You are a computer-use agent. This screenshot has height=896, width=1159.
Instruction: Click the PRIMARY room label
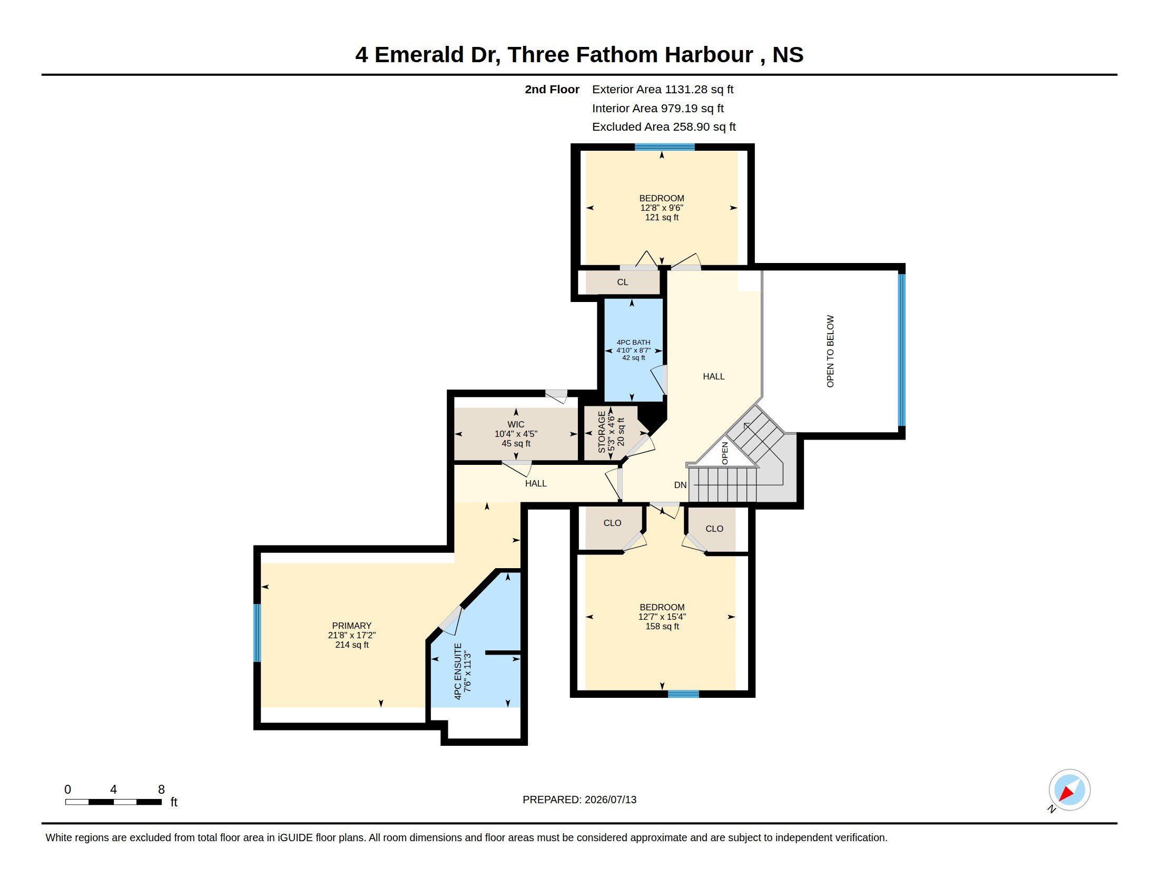(351, 625)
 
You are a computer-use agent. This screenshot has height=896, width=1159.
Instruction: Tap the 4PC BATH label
(633, 343)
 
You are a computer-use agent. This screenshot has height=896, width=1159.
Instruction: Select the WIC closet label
(516, 424)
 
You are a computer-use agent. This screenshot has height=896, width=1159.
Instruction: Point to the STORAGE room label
(602, 432)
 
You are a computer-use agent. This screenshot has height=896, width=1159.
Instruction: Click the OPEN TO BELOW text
(830, 352)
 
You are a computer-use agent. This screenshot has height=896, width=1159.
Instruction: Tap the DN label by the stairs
(680, 484)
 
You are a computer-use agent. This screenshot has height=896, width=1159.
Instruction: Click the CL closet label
(623, 282)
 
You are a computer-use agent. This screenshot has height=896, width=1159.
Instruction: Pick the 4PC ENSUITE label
(458, 671)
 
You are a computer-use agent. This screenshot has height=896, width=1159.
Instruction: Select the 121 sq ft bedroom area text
(662, 217)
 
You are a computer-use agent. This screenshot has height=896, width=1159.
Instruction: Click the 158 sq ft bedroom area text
(662, 626)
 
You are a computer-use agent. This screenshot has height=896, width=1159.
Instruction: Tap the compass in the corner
(1069, 790)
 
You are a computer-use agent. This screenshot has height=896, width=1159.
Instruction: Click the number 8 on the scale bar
(161, 790)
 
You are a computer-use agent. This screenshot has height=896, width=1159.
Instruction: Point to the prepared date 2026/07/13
(610, 800)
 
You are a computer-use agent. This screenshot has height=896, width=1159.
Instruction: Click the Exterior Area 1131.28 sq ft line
(663, 89)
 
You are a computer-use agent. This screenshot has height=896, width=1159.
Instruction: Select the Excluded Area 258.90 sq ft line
(664, 127)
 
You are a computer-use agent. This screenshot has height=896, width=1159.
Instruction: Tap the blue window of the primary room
(258, 632)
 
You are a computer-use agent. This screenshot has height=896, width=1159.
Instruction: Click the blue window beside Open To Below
(901, 350)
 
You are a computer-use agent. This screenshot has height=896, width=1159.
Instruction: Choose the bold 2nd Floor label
(552, 89)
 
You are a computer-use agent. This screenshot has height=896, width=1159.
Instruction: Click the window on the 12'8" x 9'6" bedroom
(665, 147)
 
